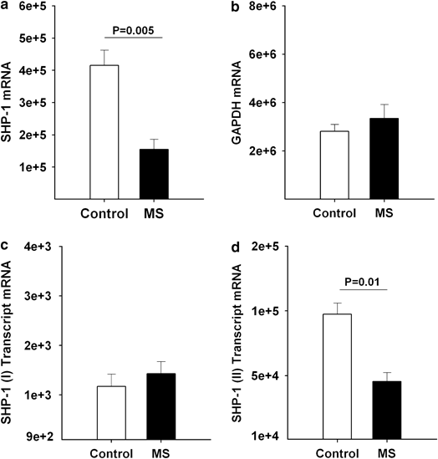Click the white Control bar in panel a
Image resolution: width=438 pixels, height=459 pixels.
pos(104,131)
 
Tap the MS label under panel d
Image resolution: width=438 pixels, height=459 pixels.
pos(361,451)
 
